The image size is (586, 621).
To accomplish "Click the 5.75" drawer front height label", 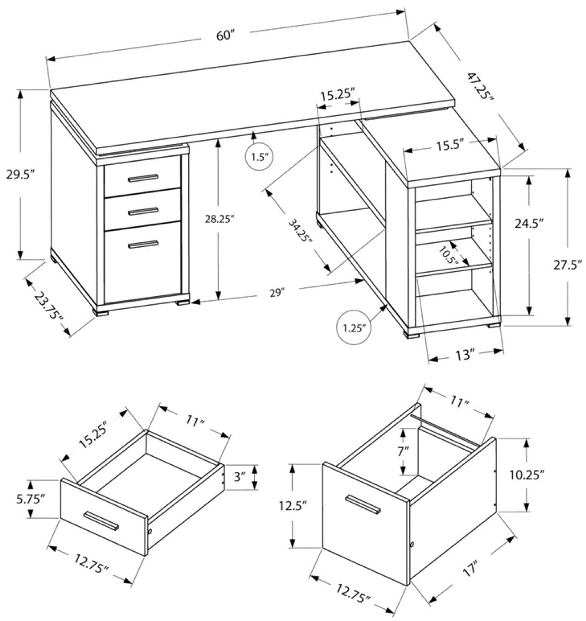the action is (x=29, y=499).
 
